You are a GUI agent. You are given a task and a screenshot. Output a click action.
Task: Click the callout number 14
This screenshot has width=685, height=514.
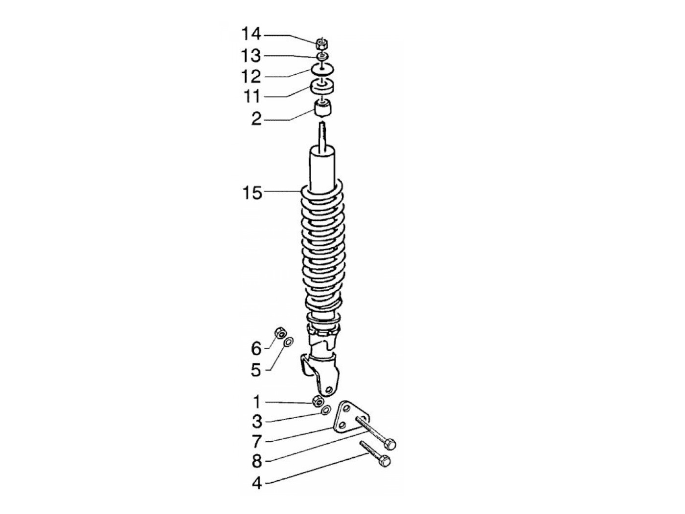tap(251, 34)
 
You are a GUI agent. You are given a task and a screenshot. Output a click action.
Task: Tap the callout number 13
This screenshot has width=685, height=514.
tap(251, 56)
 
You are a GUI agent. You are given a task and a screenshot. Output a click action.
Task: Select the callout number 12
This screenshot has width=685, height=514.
tap(251, 76)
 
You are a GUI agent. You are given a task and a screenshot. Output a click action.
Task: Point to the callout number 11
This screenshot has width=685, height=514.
tap(252, 96)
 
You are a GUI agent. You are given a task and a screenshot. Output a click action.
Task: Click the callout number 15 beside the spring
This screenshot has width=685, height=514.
tap(252, 193)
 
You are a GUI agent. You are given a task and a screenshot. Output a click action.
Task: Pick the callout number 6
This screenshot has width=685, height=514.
tap(256, 348)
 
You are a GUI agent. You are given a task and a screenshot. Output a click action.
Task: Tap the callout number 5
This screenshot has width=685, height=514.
tap(256, 370)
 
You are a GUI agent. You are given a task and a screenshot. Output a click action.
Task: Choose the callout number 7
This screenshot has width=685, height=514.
tap(256, 441)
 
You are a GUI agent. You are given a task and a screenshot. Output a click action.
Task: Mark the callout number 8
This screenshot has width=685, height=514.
tap(256, 461)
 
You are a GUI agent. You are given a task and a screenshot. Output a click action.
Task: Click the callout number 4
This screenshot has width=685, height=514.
tap(256, 484)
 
